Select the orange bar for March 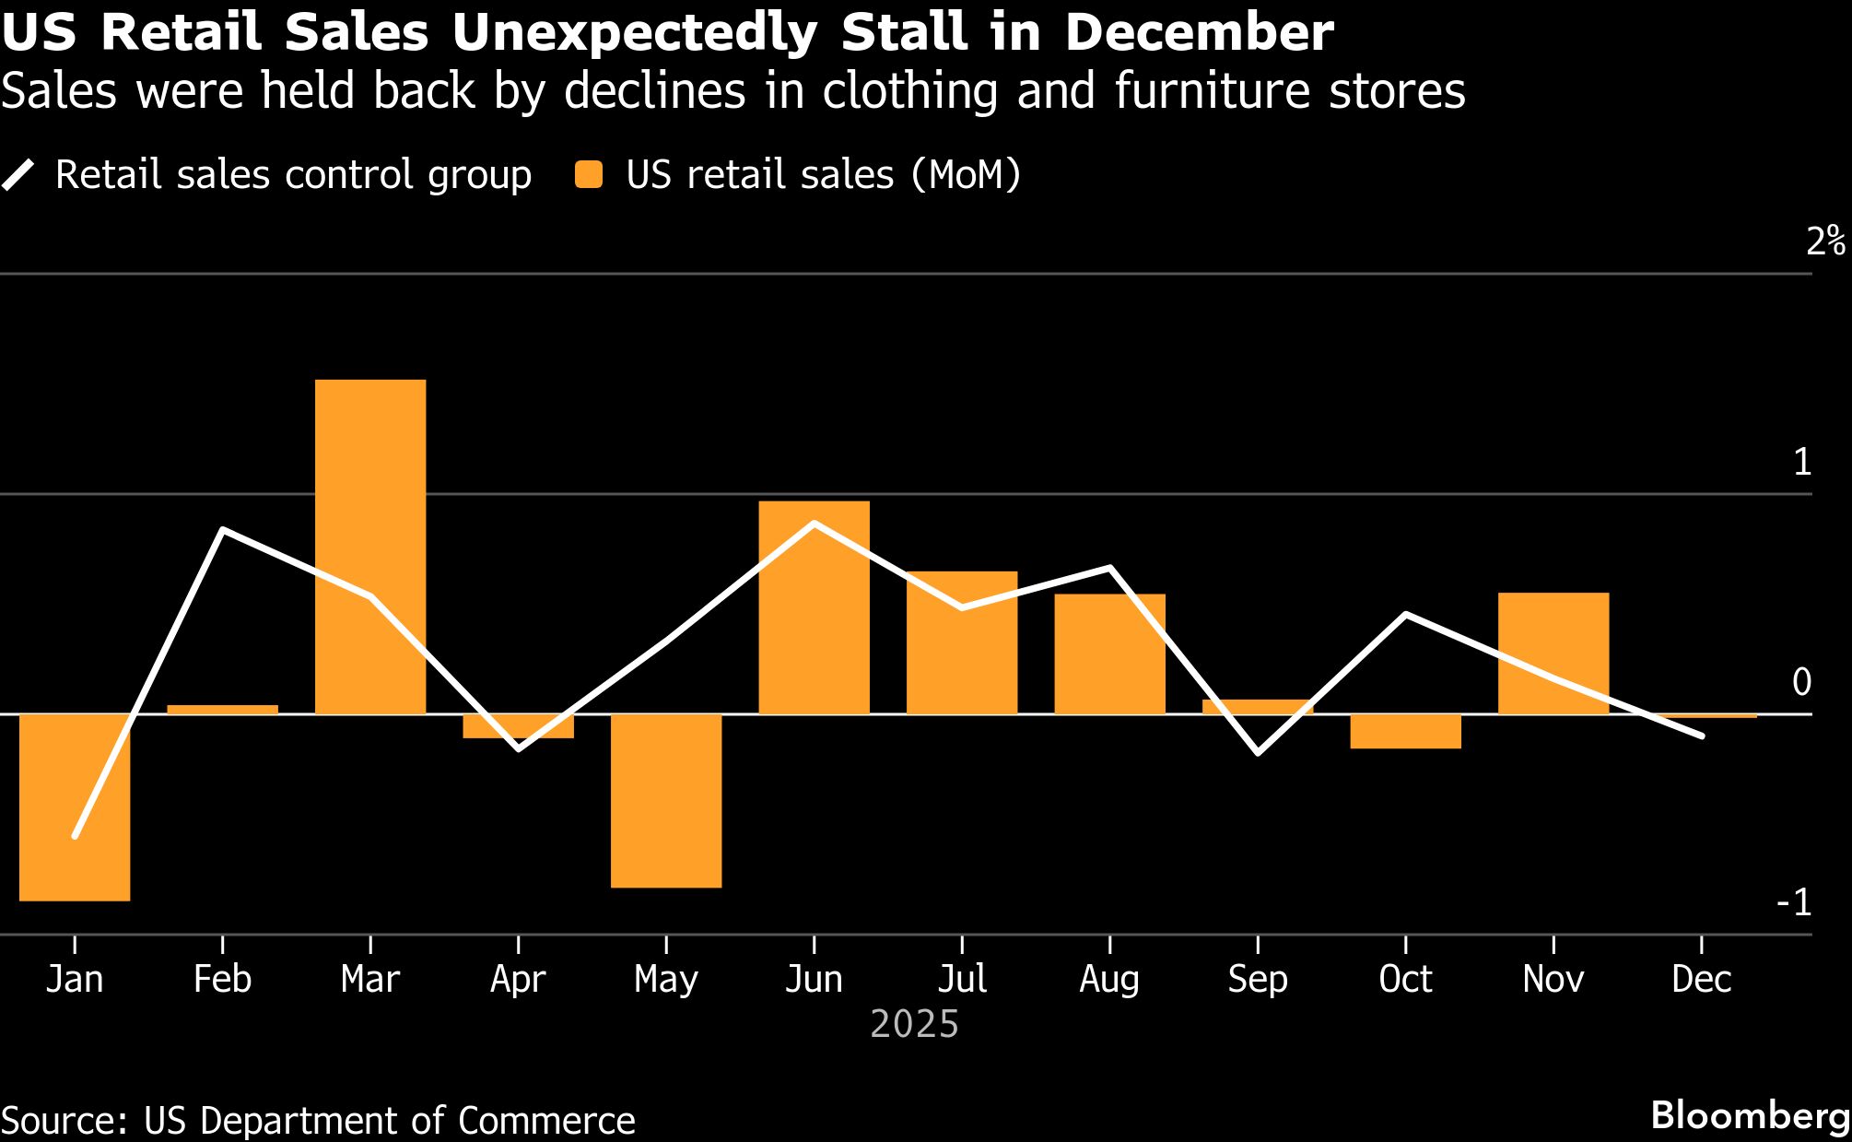370,547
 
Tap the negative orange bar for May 666,801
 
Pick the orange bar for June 814,607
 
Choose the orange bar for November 1553,653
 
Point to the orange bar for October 1405,732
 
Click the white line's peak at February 223,530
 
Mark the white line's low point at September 1258,753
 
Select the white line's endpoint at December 1701,736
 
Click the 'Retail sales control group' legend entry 293,175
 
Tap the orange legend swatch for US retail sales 589,175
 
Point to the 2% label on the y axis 1825,241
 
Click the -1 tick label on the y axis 1794,903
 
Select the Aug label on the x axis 1109,979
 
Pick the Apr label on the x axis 518,979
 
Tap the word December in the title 1199,33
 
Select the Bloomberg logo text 1750,1116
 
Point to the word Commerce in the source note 546,1121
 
